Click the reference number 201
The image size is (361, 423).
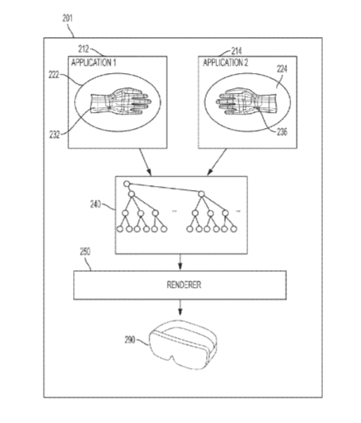[68, 18]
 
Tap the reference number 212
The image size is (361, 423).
[83, 49]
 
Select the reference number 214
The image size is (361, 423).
[237, 51]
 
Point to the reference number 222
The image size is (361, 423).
[54, 75]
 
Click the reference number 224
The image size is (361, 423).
[282, 69]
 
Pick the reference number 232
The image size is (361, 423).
[55, 134]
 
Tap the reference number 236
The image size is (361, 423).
[282, 132]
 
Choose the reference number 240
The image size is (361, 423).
[95, 204]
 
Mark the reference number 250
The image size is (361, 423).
[85, 252]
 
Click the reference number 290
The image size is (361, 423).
[130, 340]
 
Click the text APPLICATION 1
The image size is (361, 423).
[94, 63]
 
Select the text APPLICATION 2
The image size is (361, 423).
[225, 63]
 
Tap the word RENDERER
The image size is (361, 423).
[184, 285]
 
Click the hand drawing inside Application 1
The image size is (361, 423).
[121, 101]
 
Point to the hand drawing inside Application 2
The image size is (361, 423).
[246, 101]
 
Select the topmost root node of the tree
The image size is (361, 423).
[126, 184]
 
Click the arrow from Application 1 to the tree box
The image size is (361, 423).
[146, 162]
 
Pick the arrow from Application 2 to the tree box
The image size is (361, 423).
[217, 162]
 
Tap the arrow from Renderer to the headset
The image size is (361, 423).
[180, 308]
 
